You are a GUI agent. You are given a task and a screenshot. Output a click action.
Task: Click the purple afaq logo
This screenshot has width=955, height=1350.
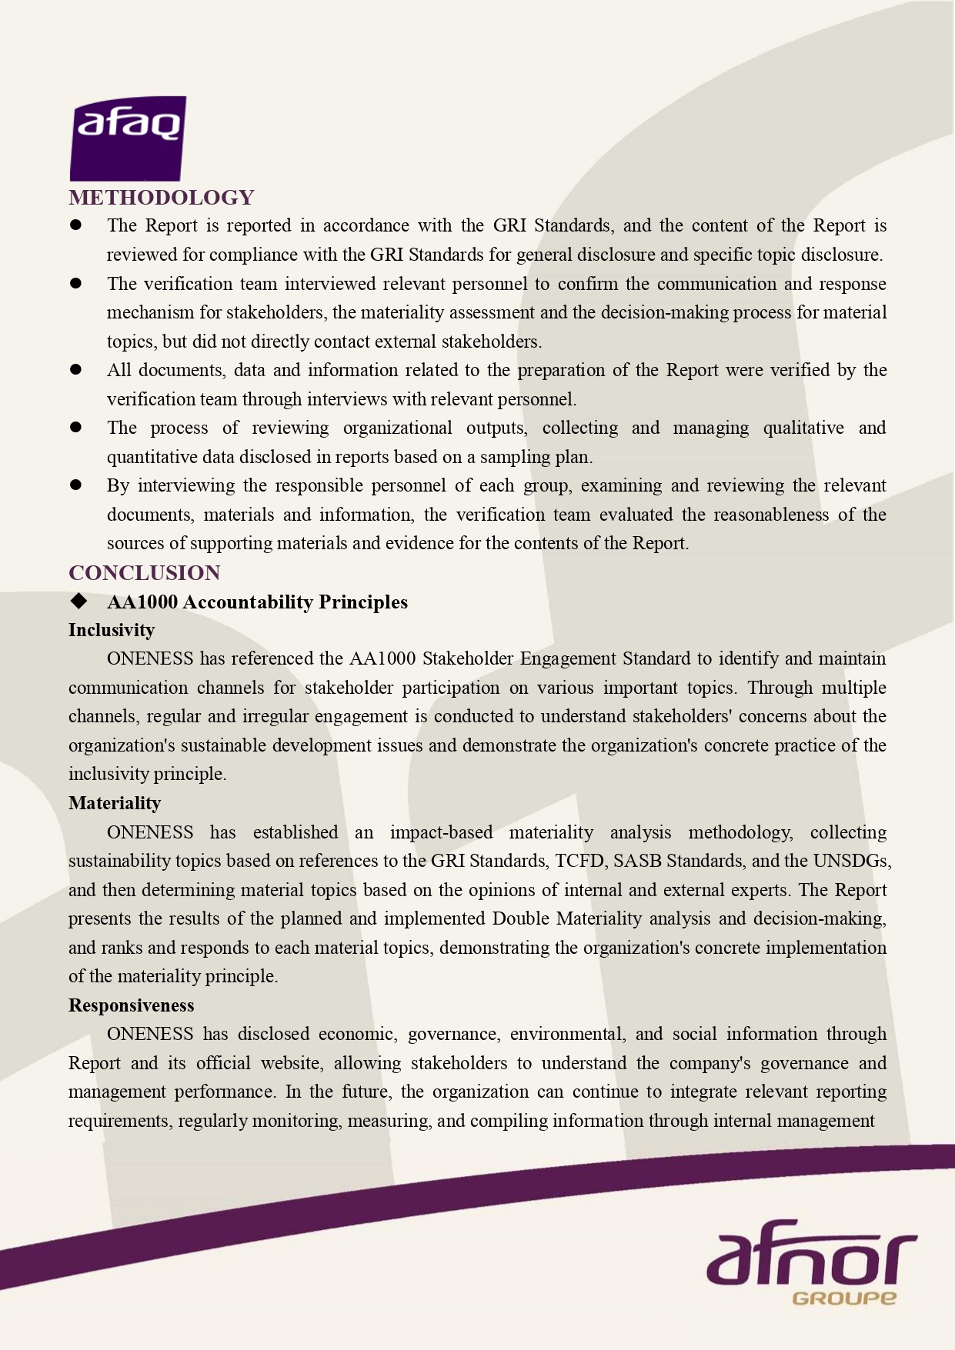pyautogui.click(x=128, y=138)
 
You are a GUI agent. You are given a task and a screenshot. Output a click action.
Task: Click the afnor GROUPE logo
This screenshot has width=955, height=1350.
pyautogui.click(x=811, y=1262)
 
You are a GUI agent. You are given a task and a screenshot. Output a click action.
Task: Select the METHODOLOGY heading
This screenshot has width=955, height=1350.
pyautogui.click(x=162, y=198)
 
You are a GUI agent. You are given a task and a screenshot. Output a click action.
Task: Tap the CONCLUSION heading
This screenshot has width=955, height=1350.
pyautogui.click(x=145, y=573)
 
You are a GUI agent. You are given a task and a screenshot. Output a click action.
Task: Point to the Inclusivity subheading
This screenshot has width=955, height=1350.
pyautogui.click(x=112, y=630)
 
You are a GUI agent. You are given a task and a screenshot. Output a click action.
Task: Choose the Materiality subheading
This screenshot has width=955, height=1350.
pyautogui.click(x=115, y=803)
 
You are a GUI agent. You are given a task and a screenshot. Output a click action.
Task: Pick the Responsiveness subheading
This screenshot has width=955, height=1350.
pyautogui.click(x=131, y=1005)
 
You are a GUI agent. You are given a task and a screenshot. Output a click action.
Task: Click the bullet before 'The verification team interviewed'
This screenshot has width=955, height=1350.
pyautogui.click(x=76, y=283)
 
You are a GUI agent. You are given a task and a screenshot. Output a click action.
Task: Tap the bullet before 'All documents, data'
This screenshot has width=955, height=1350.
pyautogui.click(x=76, y=369)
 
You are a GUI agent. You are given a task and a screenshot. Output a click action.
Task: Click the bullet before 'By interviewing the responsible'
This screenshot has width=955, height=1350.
pyautogui.click(x=76, y=485)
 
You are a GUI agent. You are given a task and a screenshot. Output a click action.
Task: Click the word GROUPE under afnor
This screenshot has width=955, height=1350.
pyautogui.click(x=843, y=1298)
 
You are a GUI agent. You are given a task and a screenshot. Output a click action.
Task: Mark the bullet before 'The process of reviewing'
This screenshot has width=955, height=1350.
pyautogui.click(x=76, y=427)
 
